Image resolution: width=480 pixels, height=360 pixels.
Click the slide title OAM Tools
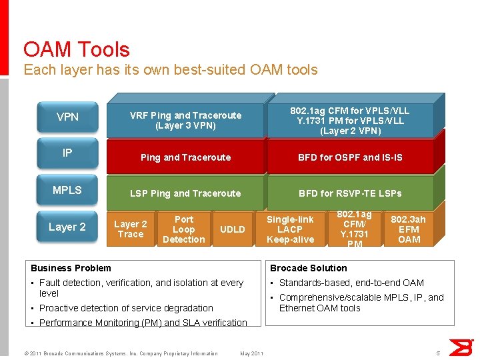tap(76, 49)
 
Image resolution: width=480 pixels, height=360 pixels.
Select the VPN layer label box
tap(67, 117)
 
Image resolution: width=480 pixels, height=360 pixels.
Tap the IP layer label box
tap(67, 153)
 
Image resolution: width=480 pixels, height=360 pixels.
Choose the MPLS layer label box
tap(67, 190)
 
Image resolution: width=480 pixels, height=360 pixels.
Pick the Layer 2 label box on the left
tap(67, 227)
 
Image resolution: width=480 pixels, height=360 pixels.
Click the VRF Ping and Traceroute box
tap(185, 120)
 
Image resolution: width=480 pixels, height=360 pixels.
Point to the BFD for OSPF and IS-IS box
tap(350, 157)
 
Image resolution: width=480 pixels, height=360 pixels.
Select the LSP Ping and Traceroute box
tap(185, 193)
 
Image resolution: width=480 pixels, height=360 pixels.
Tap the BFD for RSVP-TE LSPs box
tap(350, 193)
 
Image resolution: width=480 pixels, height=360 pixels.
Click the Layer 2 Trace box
tap(130, 229)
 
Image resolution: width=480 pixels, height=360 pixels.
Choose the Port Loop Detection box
tap(183, 229)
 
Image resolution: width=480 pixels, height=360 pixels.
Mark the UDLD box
tap(232, 229)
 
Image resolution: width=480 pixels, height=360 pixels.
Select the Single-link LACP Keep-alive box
tap(290, 229)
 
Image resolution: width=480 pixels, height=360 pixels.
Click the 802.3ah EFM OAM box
tap(408, 229)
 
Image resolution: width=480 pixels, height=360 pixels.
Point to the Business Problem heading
tap(71, 268)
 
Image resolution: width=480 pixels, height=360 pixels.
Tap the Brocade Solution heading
tap(308, 268)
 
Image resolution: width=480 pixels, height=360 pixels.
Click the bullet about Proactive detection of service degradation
tap(126, 308)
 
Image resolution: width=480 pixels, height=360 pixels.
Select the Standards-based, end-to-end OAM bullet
tap(351, 283)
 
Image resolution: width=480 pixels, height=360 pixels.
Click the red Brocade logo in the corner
tap(460, 347)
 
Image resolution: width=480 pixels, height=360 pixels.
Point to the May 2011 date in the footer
tap(251, 353)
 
